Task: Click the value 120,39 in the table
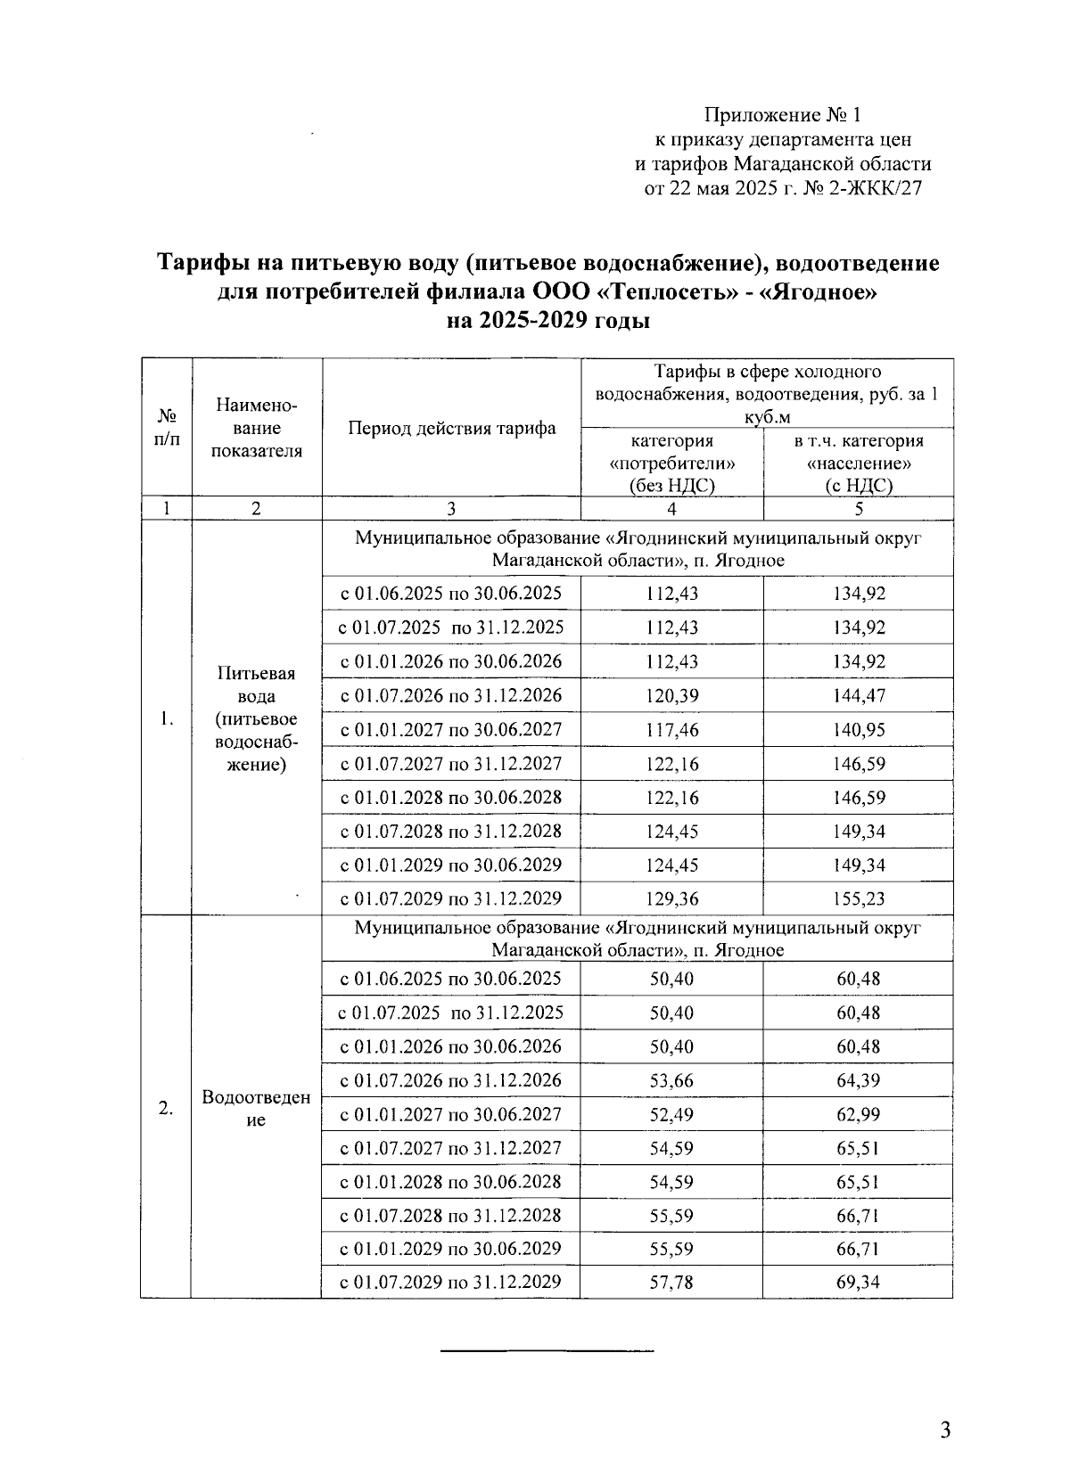[671, 696]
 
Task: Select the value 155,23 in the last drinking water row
[859, 899]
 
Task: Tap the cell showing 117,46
[671, 730]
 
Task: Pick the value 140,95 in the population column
[859, 730]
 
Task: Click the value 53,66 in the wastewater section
[671, 1081]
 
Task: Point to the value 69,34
[858, 1283]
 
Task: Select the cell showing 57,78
[671, 1283]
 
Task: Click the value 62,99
[858, 1115]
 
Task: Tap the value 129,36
[671, 899]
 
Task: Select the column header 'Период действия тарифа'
[451, 429]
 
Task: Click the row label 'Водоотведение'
[256, 1108]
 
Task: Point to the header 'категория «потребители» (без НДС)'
[671, 463]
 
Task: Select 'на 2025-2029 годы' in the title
[547, 321]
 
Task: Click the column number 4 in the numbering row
[671, 509]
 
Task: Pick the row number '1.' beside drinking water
[166, 719]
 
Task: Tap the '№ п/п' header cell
[166, 429]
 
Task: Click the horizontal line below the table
[547, 1353]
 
